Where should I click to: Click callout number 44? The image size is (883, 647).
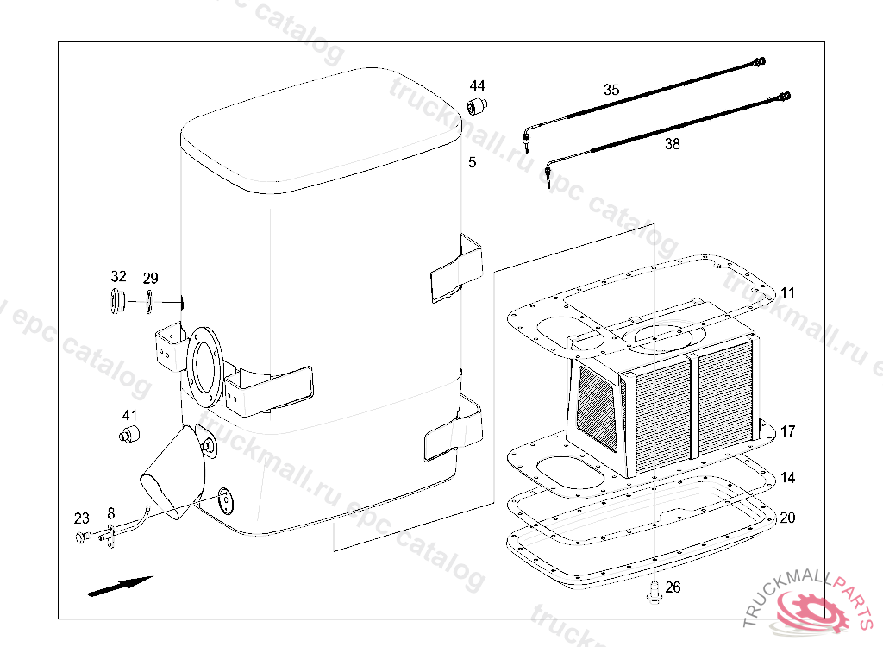tap(477, 85)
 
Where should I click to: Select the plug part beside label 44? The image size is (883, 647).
tap(477, 107)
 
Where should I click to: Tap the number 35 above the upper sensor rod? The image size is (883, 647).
tap(611, 90)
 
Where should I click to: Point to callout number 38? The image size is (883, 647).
tap(672, 144)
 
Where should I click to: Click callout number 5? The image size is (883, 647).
tap(472, 162)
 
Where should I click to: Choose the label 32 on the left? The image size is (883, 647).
tap(118, 277)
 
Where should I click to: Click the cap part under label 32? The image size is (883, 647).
tap(117, 302)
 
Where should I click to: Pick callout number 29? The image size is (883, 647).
tap(151, 278)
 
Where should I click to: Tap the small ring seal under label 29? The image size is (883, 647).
tap(149, 302)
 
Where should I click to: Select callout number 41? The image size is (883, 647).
tap(129, 415)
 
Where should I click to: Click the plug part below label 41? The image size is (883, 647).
tap(128, 433)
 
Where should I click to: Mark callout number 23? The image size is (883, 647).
tap(81, 518)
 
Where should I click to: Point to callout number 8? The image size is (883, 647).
tap(110, 513)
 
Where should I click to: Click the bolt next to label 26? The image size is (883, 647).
tap(654, 590)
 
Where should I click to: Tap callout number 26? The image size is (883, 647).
tap(673, 587)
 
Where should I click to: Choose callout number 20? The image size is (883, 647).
tap(788, 518)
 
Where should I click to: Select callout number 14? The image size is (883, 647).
tap(788, 477)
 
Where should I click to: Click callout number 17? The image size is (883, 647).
tap(788, 431)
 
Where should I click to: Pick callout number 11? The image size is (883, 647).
tap(788, 293)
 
